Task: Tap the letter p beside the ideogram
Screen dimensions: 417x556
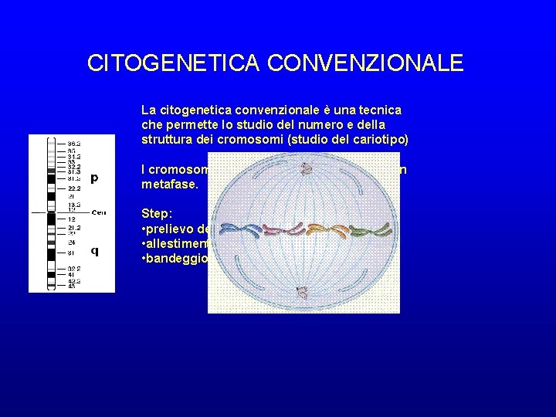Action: pyautogui.click(x=94, y=178)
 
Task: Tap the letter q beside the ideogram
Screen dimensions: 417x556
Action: pyautogui.click(x=94, y=249)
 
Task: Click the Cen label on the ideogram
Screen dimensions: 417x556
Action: pyautogui.click(x=98, y=212)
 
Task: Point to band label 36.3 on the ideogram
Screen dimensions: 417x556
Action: pyautogui.click(x=75, y=144)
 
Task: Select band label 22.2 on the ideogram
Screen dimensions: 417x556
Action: pyautogui.click(x=74, y=188)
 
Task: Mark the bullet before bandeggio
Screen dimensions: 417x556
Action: pyautogui.click(x=144, y=259)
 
